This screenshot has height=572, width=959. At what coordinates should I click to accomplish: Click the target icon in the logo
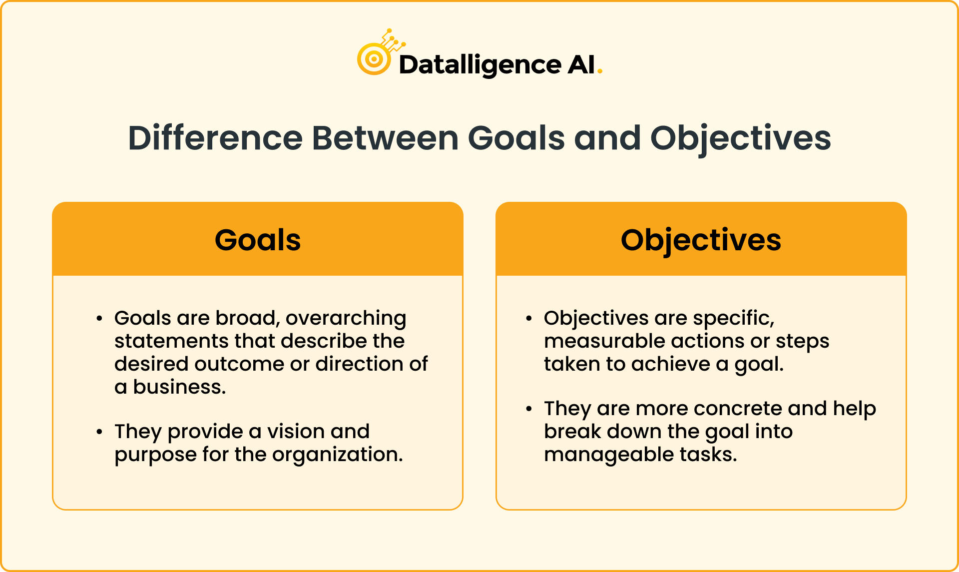374,59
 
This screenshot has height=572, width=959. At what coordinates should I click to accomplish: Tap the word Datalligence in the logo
479,65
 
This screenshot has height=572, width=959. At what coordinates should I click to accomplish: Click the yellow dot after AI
600,72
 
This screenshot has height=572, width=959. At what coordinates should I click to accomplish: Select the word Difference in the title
215,138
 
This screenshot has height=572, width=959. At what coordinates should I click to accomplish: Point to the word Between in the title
385,138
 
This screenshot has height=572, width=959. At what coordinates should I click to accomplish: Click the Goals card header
258,240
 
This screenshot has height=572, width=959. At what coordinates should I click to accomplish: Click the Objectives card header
701,240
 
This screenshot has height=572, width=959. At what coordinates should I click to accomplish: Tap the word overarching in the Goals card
346,318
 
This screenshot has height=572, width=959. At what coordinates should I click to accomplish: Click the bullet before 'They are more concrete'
529,409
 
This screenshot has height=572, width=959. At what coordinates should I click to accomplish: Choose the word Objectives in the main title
740,138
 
